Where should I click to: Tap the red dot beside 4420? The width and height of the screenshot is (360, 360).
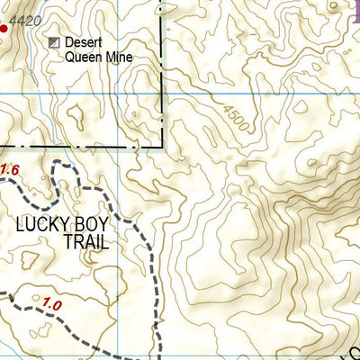point(3,29)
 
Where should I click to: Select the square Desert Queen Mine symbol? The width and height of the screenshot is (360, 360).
point(55,42)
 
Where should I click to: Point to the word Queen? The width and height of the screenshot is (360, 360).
point(82,57)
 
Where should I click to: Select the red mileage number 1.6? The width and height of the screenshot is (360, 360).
point(9,169)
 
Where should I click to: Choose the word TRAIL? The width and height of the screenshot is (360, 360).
point(85,242)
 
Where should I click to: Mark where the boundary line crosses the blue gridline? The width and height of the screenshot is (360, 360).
point(163,92)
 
